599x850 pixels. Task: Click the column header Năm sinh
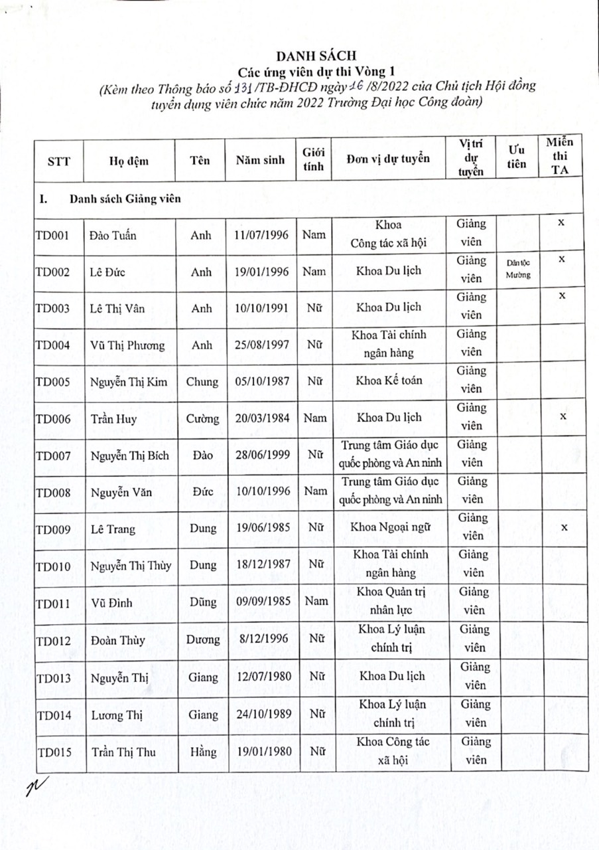click(x=259, y=160)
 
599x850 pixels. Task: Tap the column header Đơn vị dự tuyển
click(x=388, y=159)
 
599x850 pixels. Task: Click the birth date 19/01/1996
click(x=261, y=271)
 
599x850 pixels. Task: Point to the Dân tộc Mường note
click(x=517, y=269)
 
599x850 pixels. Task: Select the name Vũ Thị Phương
click(x=123, y=345)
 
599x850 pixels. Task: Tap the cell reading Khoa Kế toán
click(x=389, y=381)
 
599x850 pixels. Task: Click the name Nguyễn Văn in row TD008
click(x=114, y=492)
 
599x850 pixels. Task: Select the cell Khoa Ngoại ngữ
click(x=389, y=529)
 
